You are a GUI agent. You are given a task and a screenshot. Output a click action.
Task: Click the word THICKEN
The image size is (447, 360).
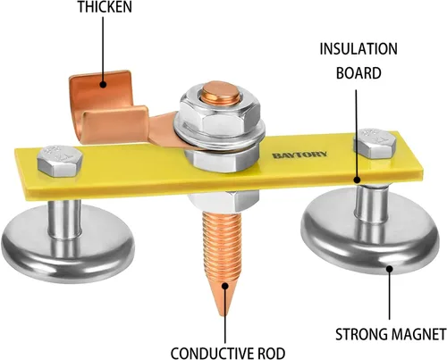point(105,6)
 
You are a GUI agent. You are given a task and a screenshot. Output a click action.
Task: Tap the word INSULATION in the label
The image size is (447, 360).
point(358,49)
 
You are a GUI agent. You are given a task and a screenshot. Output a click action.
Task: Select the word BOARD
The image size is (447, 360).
point(358,73)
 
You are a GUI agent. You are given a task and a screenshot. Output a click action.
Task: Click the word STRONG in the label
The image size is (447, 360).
point(361,334)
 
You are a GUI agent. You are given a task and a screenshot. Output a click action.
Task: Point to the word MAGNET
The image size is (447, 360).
point(418,334)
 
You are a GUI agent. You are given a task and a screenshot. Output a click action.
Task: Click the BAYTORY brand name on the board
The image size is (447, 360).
point(299,155)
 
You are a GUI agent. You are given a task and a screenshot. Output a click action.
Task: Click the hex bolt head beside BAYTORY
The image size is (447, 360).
point(375,143)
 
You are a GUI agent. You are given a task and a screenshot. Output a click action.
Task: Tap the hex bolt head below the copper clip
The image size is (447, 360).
point(60,161)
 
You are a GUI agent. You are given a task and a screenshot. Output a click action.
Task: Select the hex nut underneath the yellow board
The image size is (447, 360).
point(224,201)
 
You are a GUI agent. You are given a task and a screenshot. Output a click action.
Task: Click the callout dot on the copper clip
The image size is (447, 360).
point(103,84)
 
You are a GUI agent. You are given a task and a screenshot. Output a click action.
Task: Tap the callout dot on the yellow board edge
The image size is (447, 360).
point(357,180)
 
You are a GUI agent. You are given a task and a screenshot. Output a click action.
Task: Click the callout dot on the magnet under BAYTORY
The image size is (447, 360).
point(390,269)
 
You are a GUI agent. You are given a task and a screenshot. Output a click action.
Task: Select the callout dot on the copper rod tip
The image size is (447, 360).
point(225,286)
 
